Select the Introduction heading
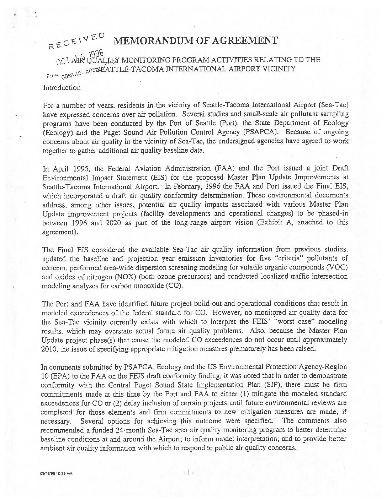[62, 88]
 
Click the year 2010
[50, 349]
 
